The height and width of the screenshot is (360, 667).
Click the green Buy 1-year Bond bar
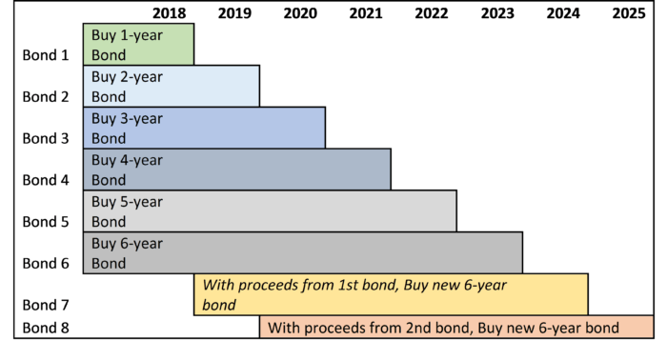click(138, 45)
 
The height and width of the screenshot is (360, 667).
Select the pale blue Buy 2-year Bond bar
click(172, 86)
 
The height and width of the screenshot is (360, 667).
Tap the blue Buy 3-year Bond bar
click(204, 128)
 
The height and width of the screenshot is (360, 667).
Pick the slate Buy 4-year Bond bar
click(236, 169)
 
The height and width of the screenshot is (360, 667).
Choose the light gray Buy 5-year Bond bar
click(270, 210)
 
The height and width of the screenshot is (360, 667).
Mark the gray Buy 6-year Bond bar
click(302, 252)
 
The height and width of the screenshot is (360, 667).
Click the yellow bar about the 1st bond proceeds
click(391, 294)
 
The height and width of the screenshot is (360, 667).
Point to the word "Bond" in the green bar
click(109, 55)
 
